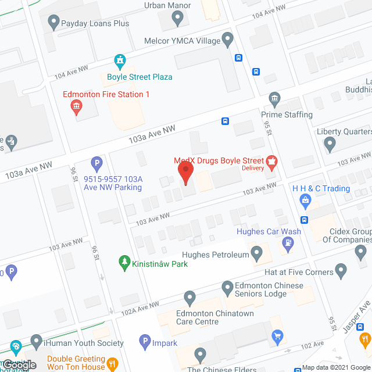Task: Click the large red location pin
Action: (x=185, y=173)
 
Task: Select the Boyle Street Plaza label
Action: (x=139, y=77)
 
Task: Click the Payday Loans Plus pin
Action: (x=54, y=23)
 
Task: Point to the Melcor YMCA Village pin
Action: (x=228, y=41)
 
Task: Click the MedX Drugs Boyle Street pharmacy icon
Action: (x=270, y=161)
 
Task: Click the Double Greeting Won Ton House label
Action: (x=76, y=363)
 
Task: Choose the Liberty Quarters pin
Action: (x=330, y=143)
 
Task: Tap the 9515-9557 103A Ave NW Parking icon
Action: (x=97, y=164)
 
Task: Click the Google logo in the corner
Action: (x=19, y=364)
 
